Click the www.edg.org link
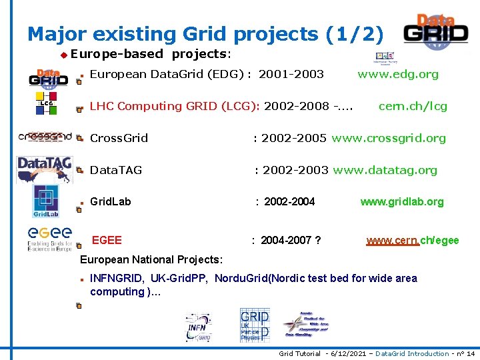pos(398,74)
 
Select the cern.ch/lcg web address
pos(413,106)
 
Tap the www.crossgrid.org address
pos(389,138)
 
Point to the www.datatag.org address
pos(385,170)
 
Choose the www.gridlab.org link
pos(401,201)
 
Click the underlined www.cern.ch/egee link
pos(413,240)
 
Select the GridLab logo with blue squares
pos(46,201)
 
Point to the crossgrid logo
pos(45,137)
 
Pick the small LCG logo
pos(45,104)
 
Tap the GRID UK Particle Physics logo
pos(254,325)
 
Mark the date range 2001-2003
pos(291,74)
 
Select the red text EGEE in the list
pos(107,240)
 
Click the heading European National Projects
pos(151,259)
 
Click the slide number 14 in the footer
pos(470,354)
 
